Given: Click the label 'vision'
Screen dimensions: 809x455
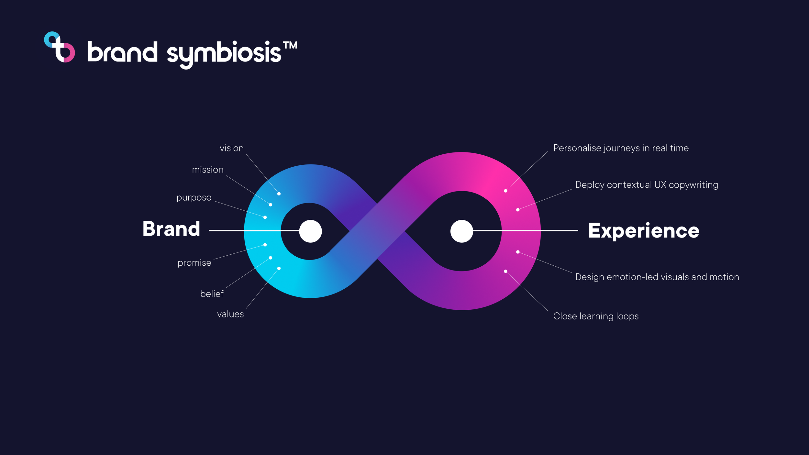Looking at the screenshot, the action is click(x=231, y=148).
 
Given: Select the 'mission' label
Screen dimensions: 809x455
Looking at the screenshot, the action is click(x=208, y=170).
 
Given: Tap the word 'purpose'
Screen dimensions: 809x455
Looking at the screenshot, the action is click(x=194, y=197).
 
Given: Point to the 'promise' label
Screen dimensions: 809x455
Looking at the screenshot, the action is click(x=194, y=263).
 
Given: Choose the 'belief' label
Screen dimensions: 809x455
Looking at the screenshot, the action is click(x=212, y=294).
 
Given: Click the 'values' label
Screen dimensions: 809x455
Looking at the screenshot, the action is click(x=230, y=314).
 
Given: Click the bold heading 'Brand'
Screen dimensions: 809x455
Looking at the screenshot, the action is click(x=171, y=229).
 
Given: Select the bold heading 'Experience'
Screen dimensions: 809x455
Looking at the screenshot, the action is click(x=643, y=231).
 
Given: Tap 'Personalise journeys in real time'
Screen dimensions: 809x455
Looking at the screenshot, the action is click(x=621, y=148).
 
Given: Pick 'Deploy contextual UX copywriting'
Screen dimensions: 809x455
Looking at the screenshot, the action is click(x=646, y=185).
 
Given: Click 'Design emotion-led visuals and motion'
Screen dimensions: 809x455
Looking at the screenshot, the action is click(x=657, y=277).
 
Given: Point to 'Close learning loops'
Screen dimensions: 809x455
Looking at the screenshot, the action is click(x=596, y=316).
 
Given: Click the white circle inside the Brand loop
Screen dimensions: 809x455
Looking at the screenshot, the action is click(x=310, y=231).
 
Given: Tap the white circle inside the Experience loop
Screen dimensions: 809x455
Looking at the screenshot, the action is click(x=461, y=231).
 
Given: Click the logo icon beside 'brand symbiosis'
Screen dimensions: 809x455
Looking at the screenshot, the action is click(x=60, y=47).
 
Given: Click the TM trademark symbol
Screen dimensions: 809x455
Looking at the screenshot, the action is click(x=290, y=45).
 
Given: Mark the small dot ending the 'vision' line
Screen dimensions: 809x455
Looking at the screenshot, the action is click(x=279, y=194).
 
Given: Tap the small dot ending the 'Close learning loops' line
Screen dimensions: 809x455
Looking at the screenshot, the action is click(x=505, y=271).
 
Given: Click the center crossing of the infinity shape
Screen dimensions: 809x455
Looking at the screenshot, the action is click(x=377, y=231).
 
